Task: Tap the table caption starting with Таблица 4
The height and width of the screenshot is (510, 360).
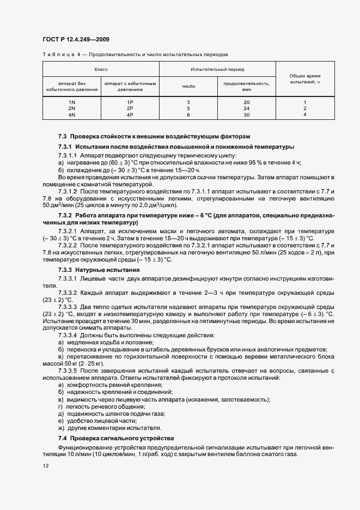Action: pos(135,55)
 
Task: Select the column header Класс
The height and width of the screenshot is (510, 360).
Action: pos(101,70)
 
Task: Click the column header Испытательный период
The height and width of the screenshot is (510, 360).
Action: pos(217,70)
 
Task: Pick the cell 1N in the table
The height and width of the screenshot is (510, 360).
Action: pos(71,102)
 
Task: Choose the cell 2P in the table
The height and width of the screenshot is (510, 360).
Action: pos(130,108)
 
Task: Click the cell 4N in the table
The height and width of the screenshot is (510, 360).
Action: pos(71,115)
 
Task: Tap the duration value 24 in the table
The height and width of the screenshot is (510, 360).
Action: pos(246,108)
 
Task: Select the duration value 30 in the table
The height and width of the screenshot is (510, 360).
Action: pos(246,115)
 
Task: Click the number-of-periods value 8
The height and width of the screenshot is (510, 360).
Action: pos(188,115)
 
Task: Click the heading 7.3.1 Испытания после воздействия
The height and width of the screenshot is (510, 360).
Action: pos(176,147)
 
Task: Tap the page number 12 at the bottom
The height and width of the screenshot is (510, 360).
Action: pos(45,465)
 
